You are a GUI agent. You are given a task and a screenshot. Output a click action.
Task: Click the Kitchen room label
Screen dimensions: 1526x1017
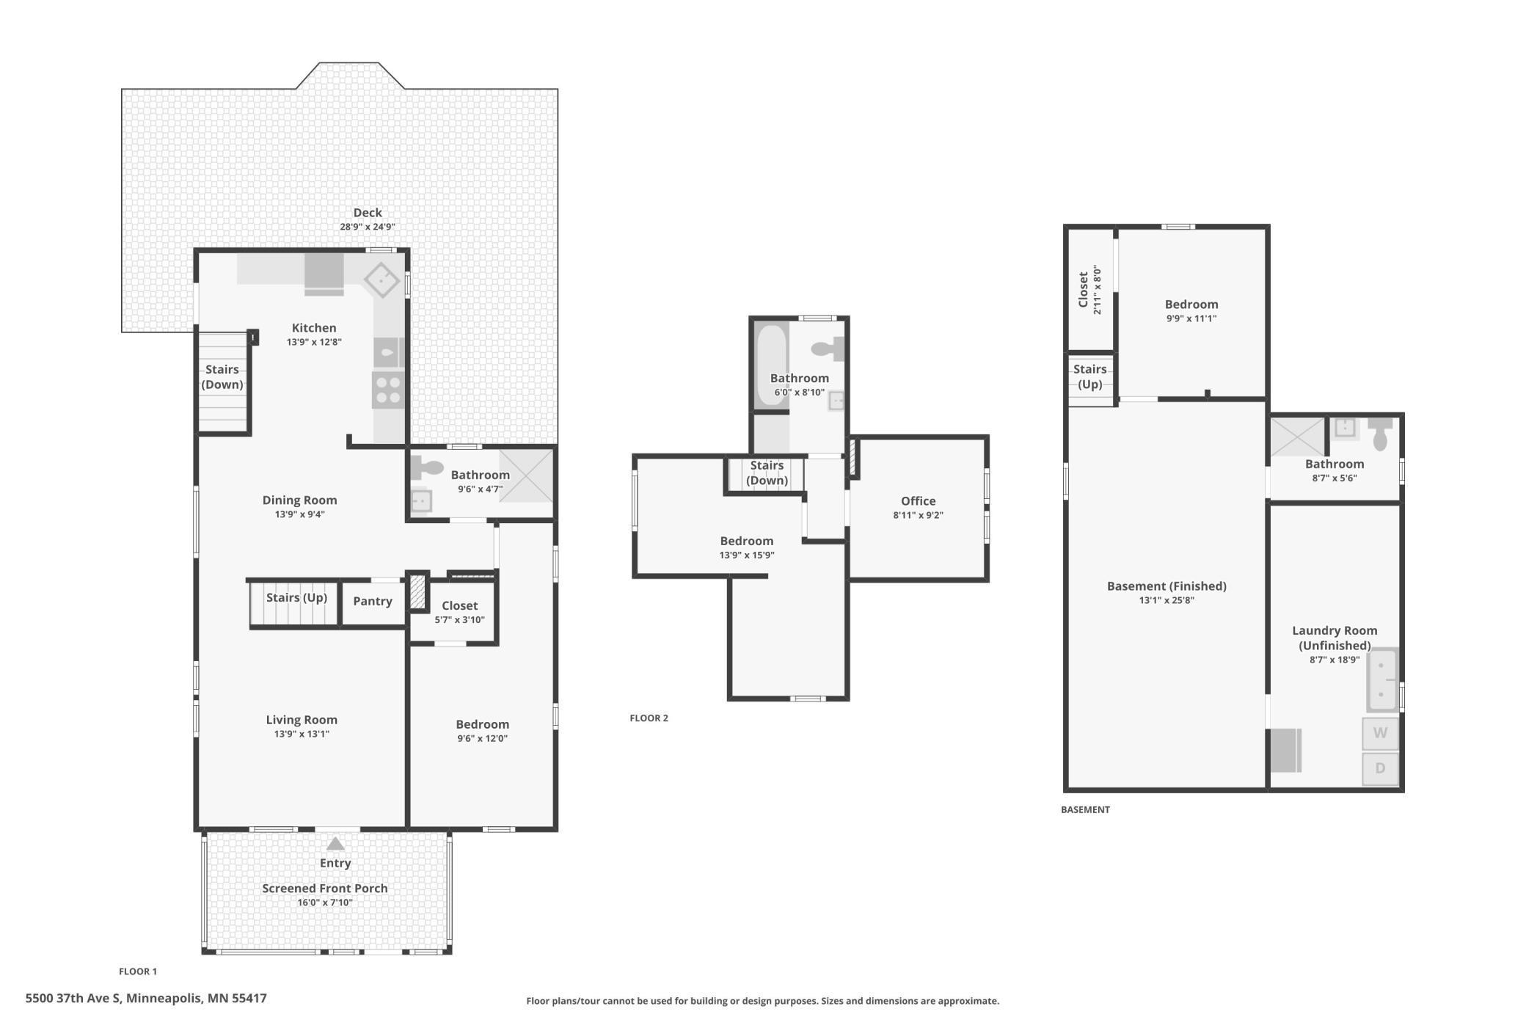(314, 328)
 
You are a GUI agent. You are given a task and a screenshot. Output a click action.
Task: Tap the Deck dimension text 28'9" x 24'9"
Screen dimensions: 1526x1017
(368, 227)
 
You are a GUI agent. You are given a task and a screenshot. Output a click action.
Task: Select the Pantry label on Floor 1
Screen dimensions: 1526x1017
(373, 601)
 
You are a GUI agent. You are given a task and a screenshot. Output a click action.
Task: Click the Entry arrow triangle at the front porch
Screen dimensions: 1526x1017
(335, 844)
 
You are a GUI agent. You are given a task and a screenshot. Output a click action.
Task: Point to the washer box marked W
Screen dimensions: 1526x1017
(1380, 733)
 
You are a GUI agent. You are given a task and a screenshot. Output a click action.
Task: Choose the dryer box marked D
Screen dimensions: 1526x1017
(1380, 768)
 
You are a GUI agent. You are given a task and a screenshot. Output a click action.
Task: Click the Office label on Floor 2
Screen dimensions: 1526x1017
(919, 501)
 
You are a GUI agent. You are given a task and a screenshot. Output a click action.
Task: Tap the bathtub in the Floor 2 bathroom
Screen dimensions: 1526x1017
(771, 365)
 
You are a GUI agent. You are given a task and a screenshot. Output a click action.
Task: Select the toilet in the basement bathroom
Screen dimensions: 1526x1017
(1380, 434)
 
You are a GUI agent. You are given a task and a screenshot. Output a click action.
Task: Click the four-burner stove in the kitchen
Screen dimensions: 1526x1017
(388, 390)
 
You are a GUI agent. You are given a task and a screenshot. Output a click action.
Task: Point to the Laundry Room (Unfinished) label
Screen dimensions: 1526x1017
(1335, 638)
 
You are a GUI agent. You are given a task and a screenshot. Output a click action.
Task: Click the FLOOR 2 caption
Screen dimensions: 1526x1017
(649, 718)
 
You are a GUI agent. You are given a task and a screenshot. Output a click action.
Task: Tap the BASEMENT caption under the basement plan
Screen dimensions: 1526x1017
(1085, 810)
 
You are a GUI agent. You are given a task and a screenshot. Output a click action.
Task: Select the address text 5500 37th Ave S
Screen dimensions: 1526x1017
(73, 998)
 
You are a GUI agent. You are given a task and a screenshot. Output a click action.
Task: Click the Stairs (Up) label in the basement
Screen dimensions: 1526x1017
(1089, 376)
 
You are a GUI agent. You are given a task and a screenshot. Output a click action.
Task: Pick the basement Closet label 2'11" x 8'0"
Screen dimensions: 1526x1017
(1089, 290)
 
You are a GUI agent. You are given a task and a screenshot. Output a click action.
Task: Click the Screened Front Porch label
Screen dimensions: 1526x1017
(325, 888)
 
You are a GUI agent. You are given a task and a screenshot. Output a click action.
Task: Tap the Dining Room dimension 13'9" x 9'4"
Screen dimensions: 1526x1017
(300, 514)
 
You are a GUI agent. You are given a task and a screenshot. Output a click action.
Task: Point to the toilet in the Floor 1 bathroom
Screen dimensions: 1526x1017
(428, 467)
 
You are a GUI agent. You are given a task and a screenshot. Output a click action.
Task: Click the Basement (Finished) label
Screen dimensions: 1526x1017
(1167, 586)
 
